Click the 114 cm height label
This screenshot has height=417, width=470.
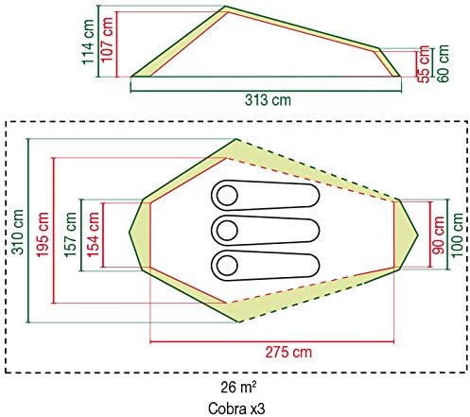tap(88, 42)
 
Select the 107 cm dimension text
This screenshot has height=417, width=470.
tap(107, 40)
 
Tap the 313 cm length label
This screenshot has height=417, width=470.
tap(268, 100)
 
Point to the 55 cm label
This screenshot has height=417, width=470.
tap(424, 64)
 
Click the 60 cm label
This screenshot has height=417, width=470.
tap(443, 63)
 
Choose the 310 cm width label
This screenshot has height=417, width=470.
tap(17, 232)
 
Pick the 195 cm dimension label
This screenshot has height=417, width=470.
tap(43, 235)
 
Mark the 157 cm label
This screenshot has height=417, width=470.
tap(70, 235)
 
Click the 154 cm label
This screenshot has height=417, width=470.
tap(94, 235)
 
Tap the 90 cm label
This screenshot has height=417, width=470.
tap(438, 235)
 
